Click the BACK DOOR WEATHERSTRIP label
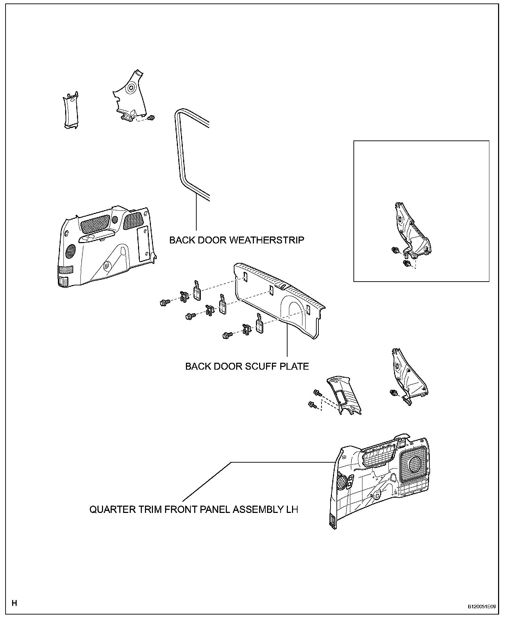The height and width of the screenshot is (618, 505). tap(237, 240)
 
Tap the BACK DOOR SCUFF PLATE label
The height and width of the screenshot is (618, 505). tap(247, 366)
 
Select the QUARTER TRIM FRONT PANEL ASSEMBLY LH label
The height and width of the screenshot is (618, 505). tap(194, 509)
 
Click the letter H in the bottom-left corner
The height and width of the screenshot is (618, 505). tap(14, 603)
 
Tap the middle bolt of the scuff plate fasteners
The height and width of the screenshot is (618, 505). tap(189, 316)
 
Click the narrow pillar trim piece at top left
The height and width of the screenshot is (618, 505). tap(71, 110)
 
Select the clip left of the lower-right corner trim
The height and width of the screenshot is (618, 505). tap(394, 393)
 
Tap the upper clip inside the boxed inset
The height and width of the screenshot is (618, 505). tap(395, 250)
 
